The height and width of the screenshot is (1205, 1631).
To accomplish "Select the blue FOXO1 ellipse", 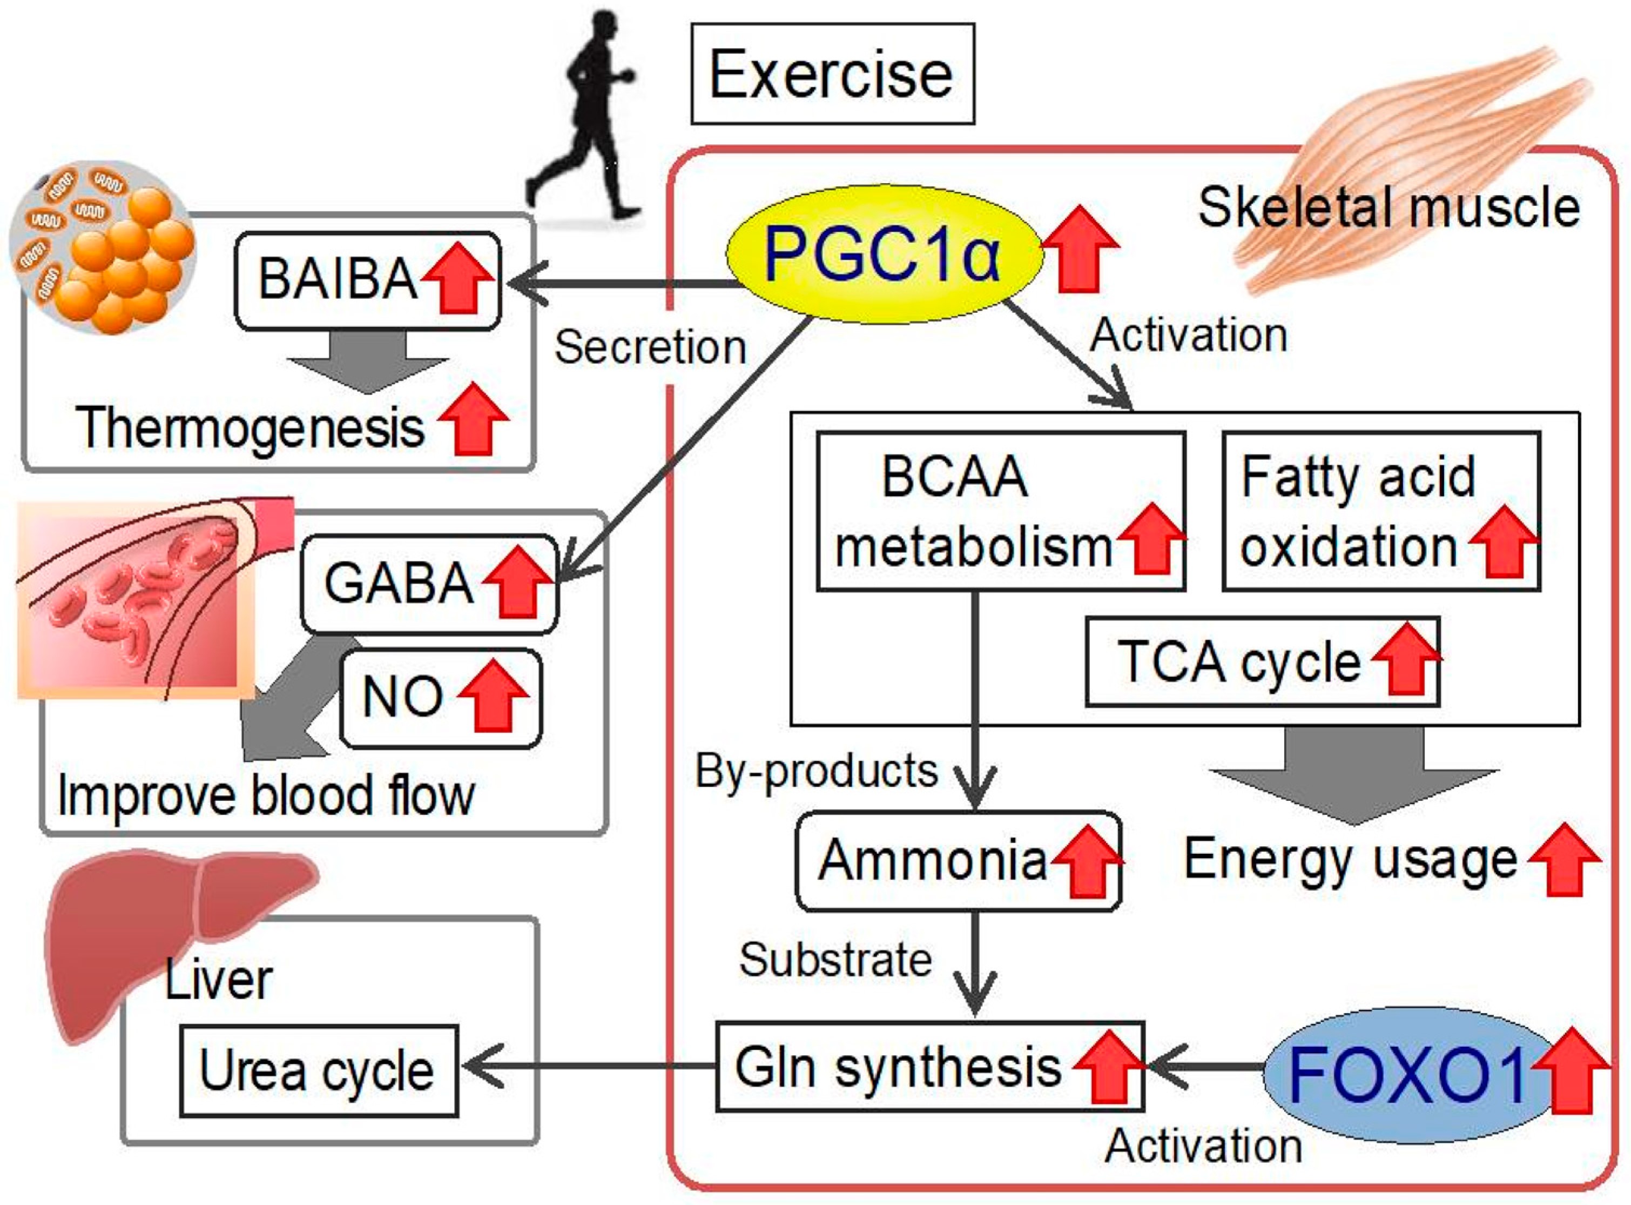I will point(1407,1074).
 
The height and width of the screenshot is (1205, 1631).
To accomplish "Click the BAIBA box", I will point(367,281).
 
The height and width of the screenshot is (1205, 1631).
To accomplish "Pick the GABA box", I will point(429,584).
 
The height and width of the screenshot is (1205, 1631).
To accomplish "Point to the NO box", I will point(440,698).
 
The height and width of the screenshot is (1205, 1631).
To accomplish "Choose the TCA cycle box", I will point(1262,661).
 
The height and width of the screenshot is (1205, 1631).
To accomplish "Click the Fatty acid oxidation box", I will point(1381,511).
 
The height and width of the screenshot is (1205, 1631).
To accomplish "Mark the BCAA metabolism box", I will point(1000,511).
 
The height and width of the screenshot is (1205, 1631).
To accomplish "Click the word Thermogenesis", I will point(250,428).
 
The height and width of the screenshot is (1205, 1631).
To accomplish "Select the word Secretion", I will point(650,347).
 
